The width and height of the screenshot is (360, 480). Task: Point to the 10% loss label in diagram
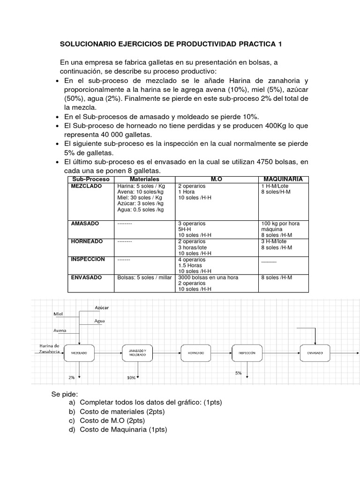(x=132, y=377)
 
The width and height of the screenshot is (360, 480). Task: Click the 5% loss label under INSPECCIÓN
(x=239, y=373)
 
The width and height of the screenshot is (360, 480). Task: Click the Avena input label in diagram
(x=60, y=330)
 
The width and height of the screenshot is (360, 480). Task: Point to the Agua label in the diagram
(x=99, y=321)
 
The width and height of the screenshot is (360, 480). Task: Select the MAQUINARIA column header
(x=283, y=179)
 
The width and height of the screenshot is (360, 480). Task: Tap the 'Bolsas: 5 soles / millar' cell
(x=145, y=277)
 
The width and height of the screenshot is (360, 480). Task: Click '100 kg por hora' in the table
(x=280, y=224)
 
